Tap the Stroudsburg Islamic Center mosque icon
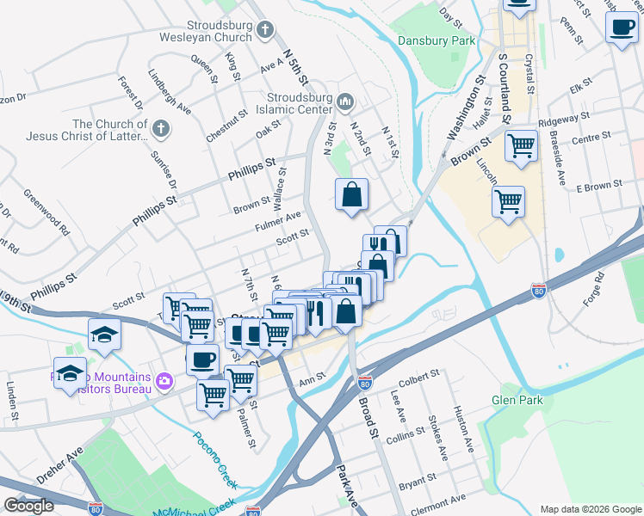[345, 102]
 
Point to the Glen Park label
[516, 400]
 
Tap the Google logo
[29, 506]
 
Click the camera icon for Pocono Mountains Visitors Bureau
[165, 379]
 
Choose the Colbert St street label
[418, 376]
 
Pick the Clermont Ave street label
[438, 498]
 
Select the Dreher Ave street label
[59, 464]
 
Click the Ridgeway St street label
[564, 118]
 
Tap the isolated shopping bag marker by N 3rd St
[352, 195]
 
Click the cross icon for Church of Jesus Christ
[159, 129]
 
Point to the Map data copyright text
[591, 508]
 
